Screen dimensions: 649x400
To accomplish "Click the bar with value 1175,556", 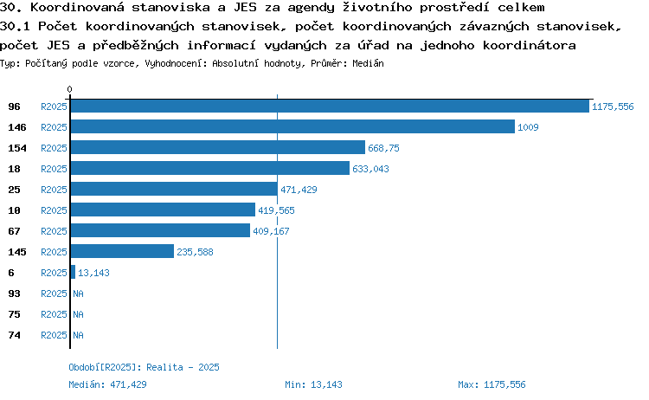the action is tap(330, 106).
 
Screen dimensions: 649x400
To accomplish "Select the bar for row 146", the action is tap(292, 126).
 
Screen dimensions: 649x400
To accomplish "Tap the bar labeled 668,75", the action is tap(218, 147).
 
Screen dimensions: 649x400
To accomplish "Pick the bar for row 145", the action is tap(122, 251).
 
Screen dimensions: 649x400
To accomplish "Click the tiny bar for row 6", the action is tap(73, 272).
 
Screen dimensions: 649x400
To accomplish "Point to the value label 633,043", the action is tap(370, 169).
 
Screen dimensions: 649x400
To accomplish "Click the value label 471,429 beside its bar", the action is tap(299, 190).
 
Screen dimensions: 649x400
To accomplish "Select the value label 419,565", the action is tap(276, 210).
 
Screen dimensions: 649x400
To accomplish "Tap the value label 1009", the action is tap(528, 127).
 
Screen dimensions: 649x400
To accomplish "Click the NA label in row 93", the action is tap(78, 294).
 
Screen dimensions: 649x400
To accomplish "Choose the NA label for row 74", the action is tap(78, 335).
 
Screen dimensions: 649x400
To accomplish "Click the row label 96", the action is tap(14, 106).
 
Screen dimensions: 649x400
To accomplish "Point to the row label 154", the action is tap(17, 148).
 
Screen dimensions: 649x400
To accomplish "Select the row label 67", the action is tap(14, 231).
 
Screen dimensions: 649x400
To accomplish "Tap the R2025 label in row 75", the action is tap(54, 314).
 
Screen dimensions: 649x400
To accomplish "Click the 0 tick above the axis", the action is tap(69, 89).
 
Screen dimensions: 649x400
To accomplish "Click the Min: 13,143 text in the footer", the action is tap(313, 384).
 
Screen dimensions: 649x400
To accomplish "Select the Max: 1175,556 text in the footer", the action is tap(492, 384).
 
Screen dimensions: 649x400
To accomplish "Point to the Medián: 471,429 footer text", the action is tap(107, 384).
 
